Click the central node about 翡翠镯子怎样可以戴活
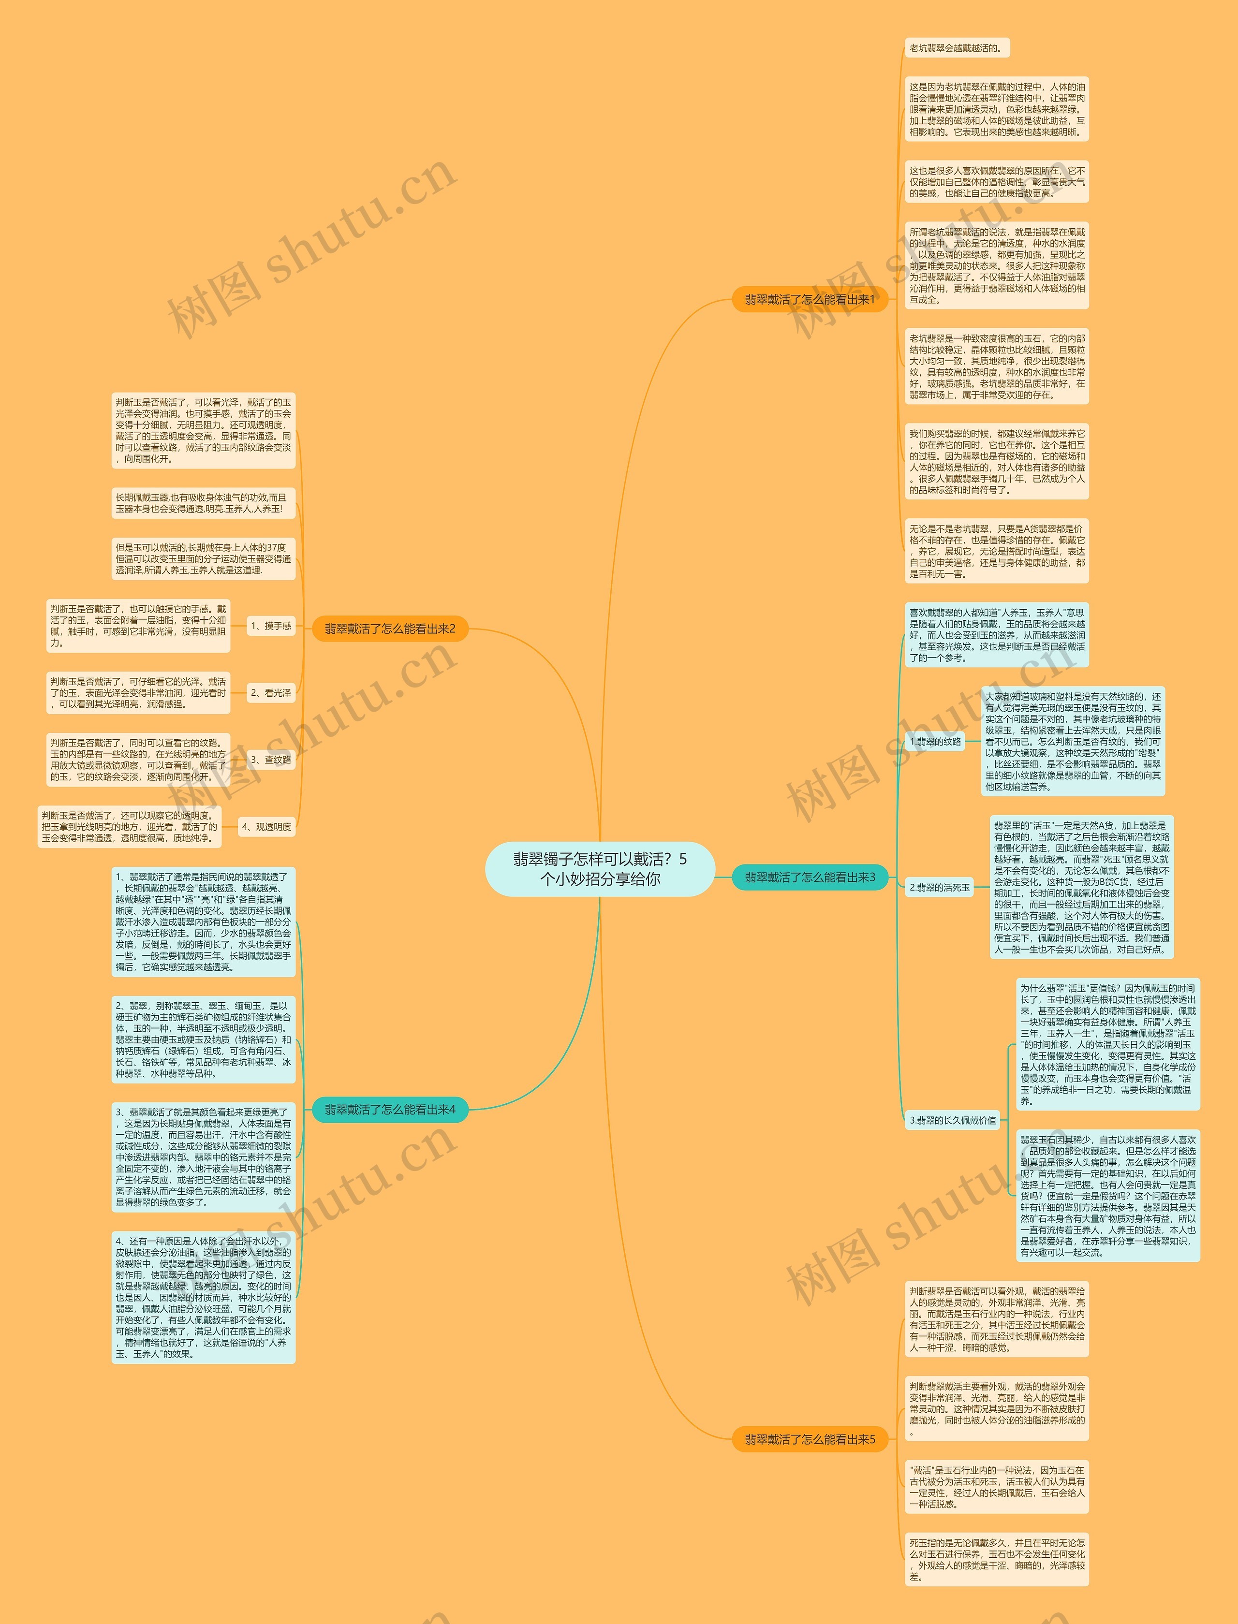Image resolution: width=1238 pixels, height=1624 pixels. (x=600, y=869)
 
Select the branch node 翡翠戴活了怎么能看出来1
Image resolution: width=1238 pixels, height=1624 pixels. (x=809, y=299)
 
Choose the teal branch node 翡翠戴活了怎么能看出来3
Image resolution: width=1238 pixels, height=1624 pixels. (x=809, y=877)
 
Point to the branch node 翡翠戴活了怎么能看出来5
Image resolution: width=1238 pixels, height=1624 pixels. (x=809, y=1439)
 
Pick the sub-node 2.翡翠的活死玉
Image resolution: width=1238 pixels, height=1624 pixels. (x=940, y=887)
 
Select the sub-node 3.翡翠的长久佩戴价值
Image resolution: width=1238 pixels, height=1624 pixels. (x=952, y=1120)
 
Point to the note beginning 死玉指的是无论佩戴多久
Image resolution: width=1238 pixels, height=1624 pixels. (x=996, y=1559)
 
